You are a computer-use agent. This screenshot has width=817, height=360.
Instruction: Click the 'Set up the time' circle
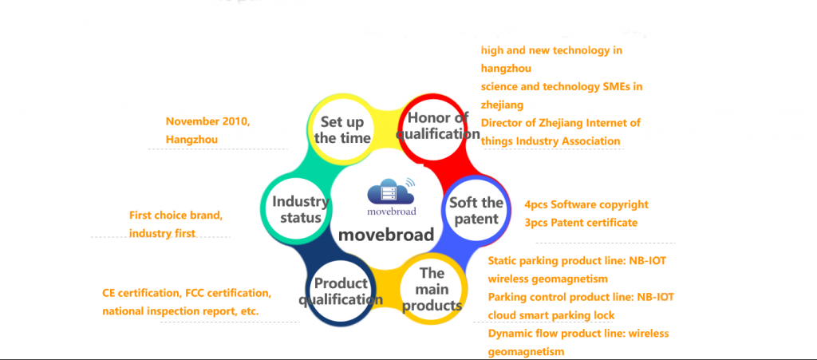pyautogui.click(x=342, y=129)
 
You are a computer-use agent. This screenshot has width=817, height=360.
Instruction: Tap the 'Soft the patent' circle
pyautogui.click(x=476, y=211)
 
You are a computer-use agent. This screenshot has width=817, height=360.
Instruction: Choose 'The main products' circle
pyautogui.click(x=432, y=290)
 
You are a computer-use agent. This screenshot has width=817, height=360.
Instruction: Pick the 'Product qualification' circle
pyautogui.click(x=341, y=291)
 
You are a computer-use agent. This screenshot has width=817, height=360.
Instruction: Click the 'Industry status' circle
pyautogui.click(x=295, y=209)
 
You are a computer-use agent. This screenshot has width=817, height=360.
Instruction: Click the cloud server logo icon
pyautogui.click(x=391, y=192)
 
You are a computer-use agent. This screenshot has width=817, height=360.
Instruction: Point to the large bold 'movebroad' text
pyautogui.click(x=386, y=235)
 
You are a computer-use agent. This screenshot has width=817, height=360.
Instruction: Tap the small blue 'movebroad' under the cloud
pyautogui.click(x=392, y=212)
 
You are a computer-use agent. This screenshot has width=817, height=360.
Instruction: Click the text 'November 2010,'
pyautogui.click(x=208, y=122)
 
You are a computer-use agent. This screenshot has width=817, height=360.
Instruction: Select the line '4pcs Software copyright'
pyautogui.click(x=586, y=205)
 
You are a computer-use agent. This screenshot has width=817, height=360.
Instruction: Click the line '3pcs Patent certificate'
pyautogui.click(x=581, y=223)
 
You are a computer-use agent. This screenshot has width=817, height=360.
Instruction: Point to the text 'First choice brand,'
pyautogui.click(x=176, y=216)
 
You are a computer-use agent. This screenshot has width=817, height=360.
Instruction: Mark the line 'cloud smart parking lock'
pyautogui.click(x=551, y=316)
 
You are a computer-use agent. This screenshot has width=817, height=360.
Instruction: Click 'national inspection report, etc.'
pyautogui.click(x=180, y=311)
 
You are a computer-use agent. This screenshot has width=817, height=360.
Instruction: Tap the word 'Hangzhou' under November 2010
pyautogui.click(x=191, y=140)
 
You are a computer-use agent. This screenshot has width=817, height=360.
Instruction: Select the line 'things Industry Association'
pyautogui.click(x=551, y=141)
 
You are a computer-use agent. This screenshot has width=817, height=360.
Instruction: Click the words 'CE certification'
pyautogui.click(x=140, y=293)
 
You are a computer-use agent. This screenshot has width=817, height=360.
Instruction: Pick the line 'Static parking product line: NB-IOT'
pyautogui.click(x=577, y=260)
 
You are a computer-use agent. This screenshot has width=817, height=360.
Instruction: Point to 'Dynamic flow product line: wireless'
pyautogui.click(x=578, y=334)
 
